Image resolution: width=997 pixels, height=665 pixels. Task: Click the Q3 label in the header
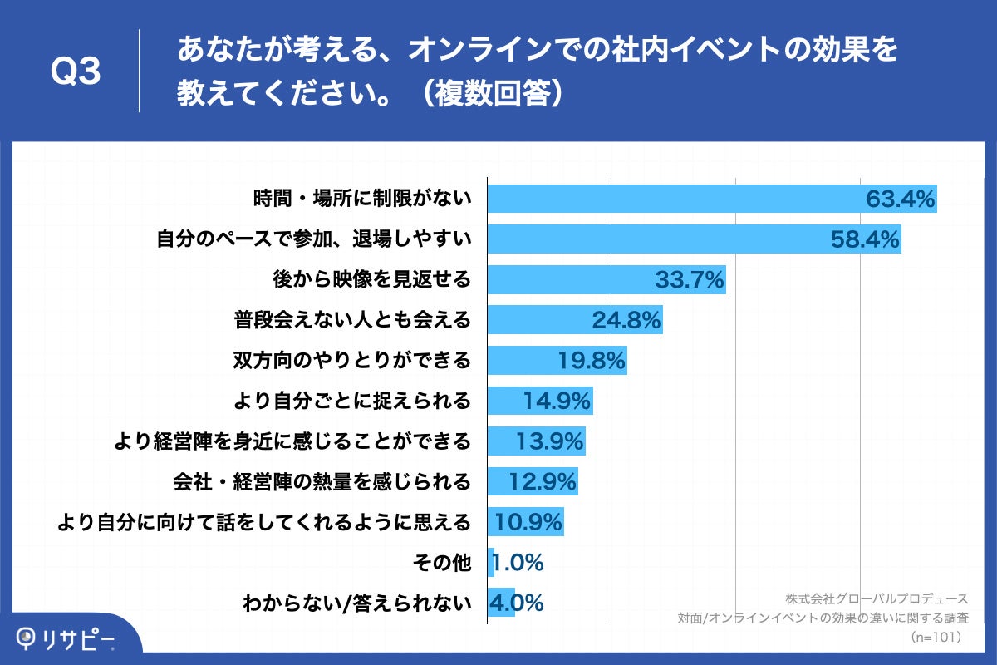coord(76,72)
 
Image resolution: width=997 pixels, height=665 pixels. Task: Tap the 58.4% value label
coord(865,240)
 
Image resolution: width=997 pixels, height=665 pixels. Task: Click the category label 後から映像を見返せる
coord(372,280)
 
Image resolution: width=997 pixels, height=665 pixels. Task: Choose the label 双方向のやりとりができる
coord(351,361)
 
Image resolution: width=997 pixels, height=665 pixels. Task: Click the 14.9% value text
coord(557,401)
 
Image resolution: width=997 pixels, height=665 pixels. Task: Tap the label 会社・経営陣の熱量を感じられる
coord(322,481)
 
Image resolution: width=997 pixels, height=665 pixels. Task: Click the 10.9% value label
coord(529,522)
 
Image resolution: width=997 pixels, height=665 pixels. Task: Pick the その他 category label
coord(442,563)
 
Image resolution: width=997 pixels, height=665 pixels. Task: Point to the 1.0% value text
coord(518,563)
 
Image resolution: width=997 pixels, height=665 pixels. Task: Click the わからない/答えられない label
coord(356,603)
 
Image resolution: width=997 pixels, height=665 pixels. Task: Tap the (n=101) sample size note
coord(937,637)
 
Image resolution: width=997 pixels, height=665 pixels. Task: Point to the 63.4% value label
coord(901,199)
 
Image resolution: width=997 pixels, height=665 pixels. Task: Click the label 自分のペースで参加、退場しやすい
coord(314,240)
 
